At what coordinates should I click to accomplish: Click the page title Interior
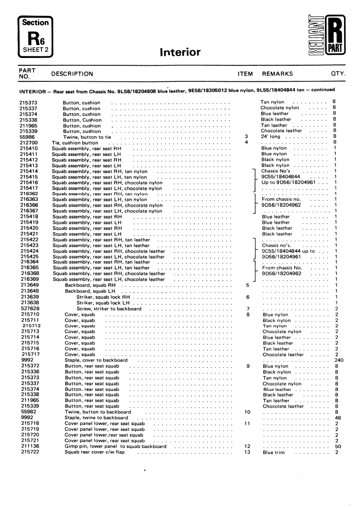tap(180, 52)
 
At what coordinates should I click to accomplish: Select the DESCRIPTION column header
tap(72, 74)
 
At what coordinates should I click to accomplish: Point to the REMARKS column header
tap(277, 74)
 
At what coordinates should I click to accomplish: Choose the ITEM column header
tap(244, 74)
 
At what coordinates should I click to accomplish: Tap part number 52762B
tap(29, 309)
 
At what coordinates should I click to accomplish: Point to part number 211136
tap(28, 446)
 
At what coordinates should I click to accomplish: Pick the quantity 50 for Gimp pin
tap(338, 446)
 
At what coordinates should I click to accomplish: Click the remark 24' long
tap(271, 137)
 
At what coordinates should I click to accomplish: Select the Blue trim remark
tap(275, 453)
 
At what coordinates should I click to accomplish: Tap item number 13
tap(247, 453)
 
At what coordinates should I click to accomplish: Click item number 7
tap(248, 309)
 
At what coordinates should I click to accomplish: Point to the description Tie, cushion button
tap(75, 142)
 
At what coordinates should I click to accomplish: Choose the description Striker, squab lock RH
tap(103, 297)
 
